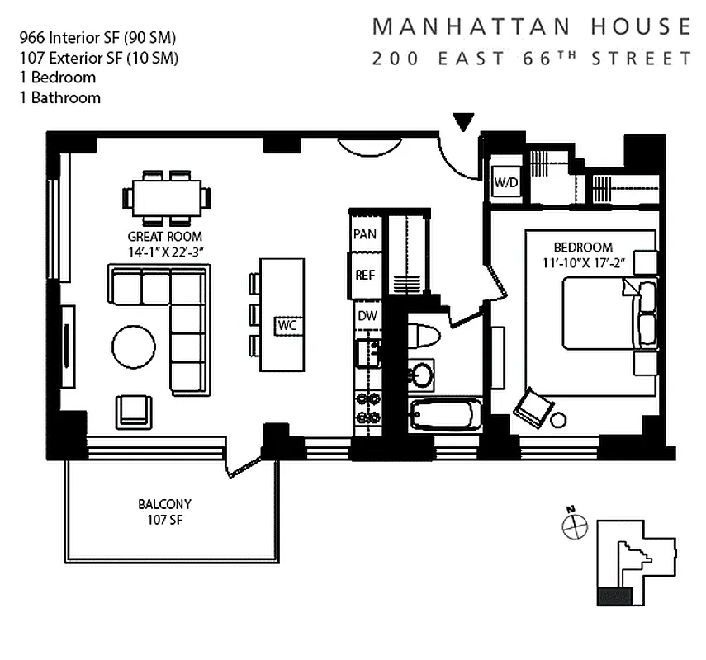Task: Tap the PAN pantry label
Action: [365, 234]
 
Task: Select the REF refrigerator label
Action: [365, 275]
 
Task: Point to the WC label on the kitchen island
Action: [287, 325]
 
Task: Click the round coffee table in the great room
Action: [133, 347]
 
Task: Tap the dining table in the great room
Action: [167, 198]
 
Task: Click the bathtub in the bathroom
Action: [444, 414]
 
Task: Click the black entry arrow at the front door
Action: [464, 122]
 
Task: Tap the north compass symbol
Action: [575, 526]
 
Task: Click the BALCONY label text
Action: [164, 504]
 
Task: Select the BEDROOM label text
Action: [583, 247]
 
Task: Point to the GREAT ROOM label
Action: [165, 237]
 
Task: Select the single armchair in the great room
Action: [134, 411]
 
